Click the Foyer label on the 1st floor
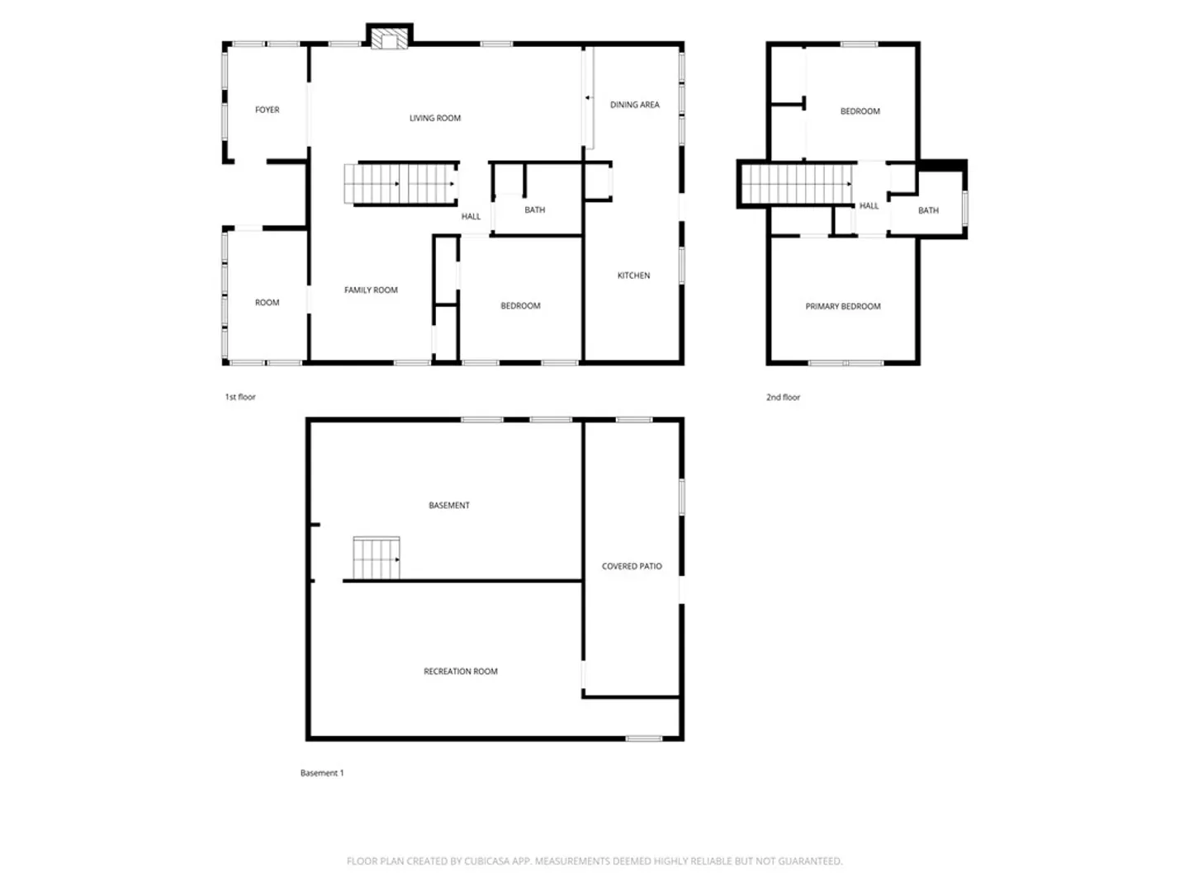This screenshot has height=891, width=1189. click(x=267, y=110)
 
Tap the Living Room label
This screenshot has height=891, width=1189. click(x=435, y=118)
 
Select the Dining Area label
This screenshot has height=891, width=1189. click(x=635, y=105)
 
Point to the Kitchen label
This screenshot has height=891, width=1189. click(x=634, y=276)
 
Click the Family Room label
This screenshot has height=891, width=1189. click(x=371, y=290)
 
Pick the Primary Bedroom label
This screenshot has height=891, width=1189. click(x=843, y=306)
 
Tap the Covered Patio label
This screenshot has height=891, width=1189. click(x=632, y=566)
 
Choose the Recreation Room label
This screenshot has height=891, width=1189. click(x=461, y=671)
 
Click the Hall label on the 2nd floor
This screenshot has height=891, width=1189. click(x=869, y=205)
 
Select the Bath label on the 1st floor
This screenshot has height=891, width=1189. click(x=535, y=210)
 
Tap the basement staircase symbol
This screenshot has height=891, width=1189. click(x=377, y=558)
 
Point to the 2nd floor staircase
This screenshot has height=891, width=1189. click(x=796, y=184)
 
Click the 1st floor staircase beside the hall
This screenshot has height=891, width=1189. click(x=400, y=184)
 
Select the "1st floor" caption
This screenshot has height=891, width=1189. click(x=240, y=397)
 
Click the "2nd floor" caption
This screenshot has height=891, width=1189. click(x=783, y=397)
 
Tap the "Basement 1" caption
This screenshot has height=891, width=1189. click(x=322, y=772)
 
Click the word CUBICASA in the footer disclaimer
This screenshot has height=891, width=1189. click(x=486, y=860)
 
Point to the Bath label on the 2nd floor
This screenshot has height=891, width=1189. click(x=928, y=210)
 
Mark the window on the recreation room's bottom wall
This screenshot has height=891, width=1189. click(x=643, y=738)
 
